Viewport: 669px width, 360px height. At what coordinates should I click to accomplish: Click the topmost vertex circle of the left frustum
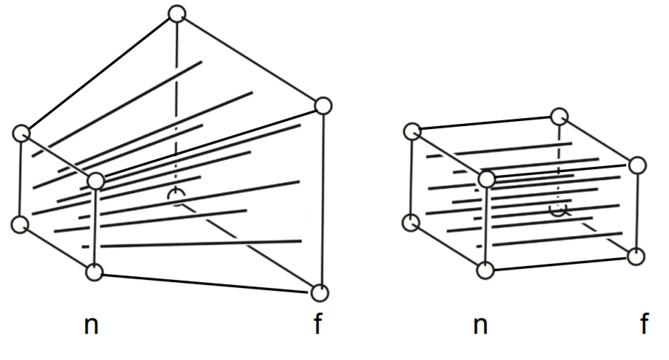coord(176,14)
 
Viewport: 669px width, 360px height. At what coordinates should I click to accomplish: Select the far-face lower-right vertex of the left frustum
coord(319,293)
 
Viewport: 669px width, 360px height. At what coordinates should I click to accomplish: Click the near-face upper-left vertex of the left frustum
coord(22,133)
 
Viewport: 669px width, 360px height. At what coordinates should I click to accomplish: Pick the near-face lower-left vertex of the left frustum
coord(21,224)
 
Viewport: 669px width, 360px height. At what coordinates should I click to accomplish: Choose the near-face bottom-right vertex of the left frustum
coord(95,273)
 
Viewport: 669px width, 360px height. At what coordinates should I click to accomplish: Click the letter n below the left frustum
coord(91,325)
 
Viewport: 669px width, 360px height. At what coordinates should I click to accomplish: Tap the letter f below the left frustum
coord(317,324)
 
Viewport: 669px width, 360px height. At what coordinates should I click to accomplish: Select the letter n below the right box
coord(480,325)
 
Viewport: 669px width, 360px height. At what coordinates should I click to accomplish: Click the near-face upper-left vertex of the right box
coord(412,132)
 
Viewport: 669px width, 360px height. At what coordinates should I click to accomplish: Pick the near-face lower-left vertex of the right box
coord(412,222)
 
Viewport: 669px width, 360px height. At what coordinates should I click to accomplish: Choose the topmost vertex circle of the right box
coord(559,116)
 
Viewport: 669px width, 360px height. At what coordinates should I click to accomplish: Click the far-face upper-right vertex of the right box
coord(638,165)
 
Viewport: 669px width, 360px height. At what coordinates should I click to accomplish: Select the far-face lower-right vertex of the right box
coord(636,257)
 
